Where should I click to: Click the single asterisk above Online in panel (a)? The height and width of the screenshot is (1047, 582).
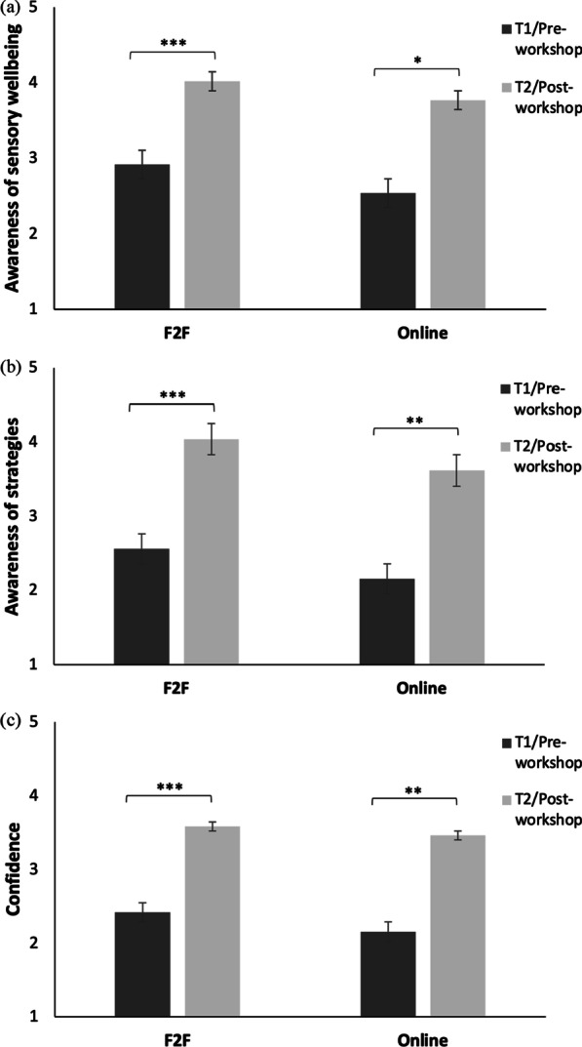click(416, 60)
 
